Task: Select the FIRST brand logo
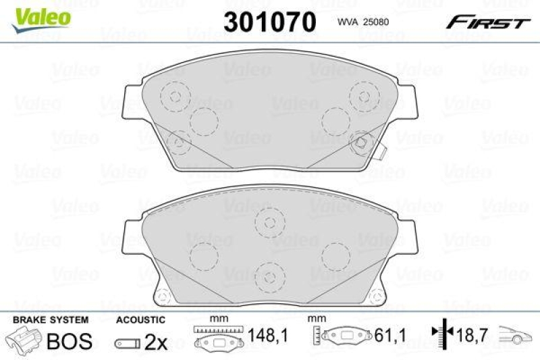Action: pos(486,22)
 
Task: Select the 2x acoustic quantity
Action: pos(157,342)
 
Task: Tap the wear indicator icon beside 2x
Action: pos(126,342)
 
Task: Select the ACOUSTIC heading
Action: pos(140,319)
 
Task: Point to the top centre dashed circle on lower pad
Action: pos(269,221)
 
